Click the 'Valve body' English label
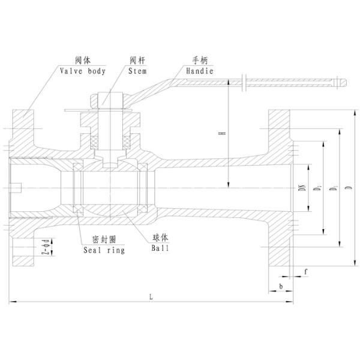82,71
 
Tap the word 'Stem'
137,71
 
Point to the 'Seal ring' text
104,250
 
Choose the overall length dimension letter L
151,295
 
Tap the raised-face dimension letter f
305,271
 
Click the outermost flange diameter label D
348,188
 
